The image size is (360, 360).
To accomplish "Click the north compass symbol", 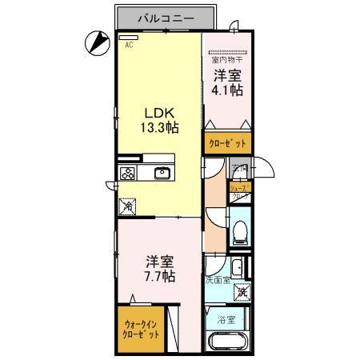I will (x=98, y=42).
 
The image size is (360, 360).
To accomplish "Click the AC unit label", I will (x=127, y=46).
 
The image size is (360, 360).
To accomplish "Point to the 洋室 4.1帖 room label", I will (x=228, y=83).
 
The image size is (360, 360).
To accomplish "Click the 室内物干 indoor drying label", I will (x=226, y=59).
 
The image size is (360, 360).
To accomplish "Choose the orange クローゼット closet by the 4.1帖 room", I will (x=227, y=143).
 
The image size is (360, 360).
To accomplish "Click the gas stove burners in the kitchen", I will (x=128, y=173).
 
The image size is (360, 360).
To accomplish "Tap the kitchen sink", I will (x=162, y=173).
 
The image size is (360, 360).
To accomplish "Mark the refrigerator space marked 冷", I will (x=128, y=206).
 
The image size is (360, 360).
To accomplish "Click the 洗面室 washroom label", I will (x=217, y=281).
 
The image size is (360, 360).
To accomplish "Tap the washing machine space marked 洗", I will (x=241, y=293).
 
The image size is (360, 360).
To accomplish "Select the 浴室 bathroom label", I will (x=226, y=319).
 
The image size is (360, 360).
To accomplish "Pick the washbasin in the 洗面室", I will (x=238, y=268).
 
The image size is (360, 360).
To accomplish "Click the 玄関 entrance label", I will (x=239, y=170).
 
